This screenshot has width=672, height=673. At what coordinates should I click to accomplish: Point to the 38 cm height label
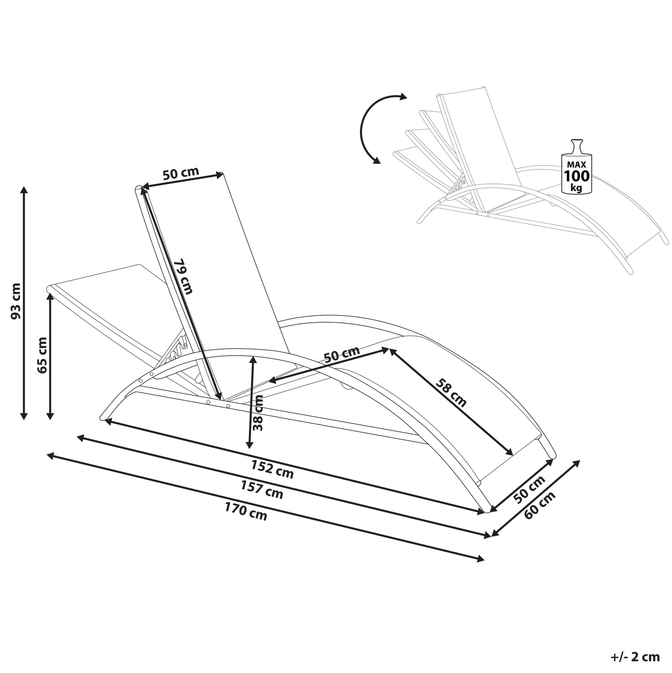[258, 413]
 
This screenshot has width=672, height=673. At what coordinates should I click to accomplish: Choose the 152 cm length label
[272, 469]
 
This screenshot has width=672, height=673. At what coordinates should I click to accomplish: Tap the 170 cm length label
[246, 511]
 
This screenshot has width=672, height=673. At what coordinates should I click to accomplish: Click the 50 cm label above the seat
[341, 354]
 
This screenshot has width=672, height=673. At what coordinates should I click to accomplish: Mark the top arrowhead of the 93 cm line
[24, 190]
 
